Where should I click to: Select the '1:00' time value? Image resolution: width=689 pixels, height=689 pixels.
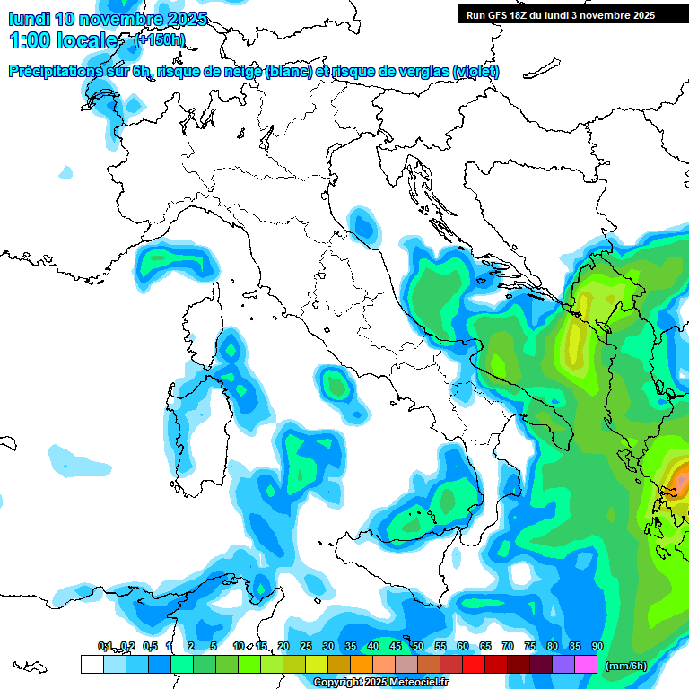tap(30, 40)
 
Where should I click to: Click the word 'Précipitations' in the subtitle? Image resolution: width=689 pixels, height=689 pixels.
tap(63, 72)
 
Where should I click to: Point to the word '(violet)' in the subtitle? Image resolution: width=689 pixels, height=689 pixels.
tap(476, 72)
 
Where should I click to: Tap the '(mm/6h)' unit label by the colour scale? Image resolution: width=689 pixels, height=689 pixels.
tap(625, 665)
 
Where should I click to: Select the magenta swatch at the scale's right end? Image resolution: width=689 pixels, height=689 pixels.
tap(586, 664)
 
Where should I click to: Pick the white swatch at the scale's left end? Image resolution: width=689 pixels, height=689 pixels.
tap(92, 664)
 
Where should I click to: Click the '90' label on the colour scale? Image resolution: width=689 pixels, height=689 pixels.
tap(597, 646)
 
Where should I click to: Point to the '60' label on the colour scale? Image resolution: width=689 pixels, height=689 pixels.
tap(462, 646)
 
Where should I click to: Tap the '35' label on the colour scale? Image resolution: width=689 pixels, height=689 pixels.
tap(350, 646)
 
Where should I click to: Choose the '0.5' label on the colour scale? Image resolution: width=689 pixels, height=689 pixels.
tap(148, 646)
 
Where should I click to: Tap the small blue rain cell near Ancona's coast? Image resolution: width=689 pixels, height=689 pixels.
tap(362, 223)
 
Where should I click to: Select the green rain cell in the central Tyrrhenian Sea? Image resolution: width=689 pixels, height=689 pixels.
tap(336, 386)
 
